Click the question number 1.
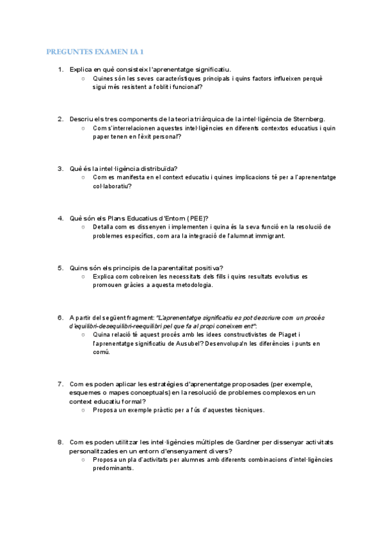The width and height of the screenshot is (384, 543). click(x=60, y=69)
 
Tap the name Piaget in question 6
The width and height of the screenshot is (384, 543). click(x=285, y=334)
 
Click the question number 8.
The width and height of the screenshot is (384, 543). click(x=60, y=442)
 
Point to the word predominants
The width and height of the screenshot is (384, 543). click(x=113, y=468)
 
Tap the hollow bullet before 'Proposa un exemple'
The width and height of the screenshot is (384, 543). click(x=83, y=410)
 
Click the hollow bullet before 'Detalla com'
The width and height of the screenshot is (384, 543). click(x=83, y=227)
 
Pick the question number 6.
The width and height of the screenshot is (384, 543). click(x=60, y=318)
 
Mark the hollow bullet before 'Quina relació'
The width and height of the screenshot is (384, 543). click(x=83, y=334)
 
